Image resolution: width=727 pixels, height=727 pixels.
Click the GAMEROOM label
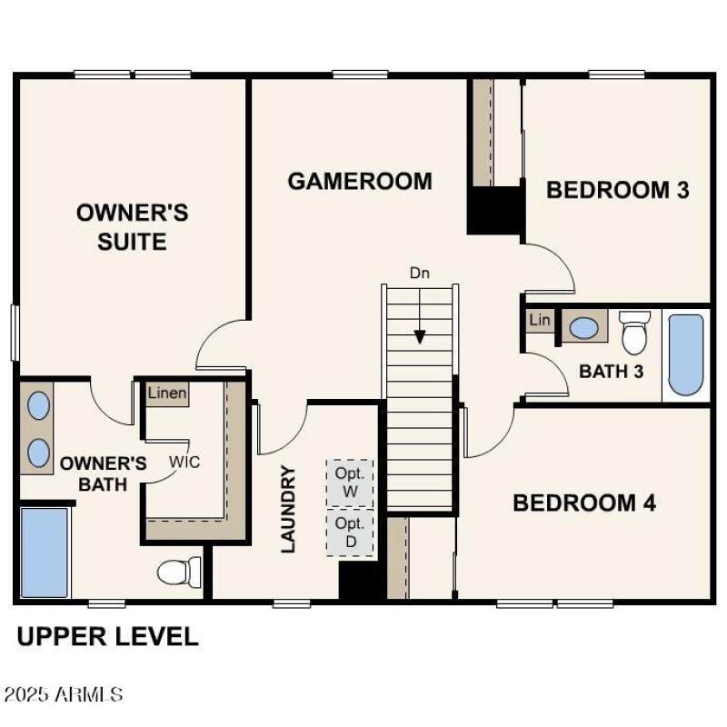pyautogui.click(x=360, y=181)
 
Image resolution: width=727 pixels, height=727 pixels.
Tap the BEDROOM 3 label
pyautogui.click(x=617, y=190)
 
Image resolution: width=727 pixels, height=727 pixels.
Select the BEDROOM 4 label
pyautogui.click(x=584, y=503)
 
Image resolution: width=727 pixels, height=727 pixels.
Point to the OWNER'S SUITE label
pyautogui.click(x=133, y=227)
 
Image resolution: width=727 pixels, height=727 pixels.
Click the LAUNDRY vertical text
pyautogui.click(x=288, y=509)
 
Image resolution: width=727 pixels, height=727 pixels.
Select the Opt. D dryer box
pyautogui.click(x=350, y=532)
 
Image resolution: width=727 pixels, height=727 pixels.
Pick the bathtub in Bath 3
pyautogui.click(x=686, y=354)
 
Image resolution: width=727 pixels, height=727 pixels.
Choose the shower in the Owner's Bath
pyautogui.click(x=45, y=553)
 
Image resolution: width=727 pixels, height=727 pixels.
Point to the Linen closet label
pyautogui.click(x=168, y=393)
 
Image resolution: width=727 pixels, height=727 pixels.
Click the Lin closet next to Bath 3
pyautogui.click(x=540, y=321)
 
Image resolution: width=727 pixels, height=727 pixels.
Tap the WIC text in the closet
pyautogui.click(x=184, y=461)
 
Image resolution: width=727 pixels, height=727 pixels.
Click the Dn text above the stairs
pyautogui.click(x=419, y=273)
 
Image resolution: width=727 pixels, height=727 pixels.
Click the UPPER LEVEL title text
pyautogui.click(x=107, y=636)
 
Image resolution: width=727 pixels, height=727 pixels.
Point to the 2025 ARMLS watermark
pyautogui.click(x=64, y=694)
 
